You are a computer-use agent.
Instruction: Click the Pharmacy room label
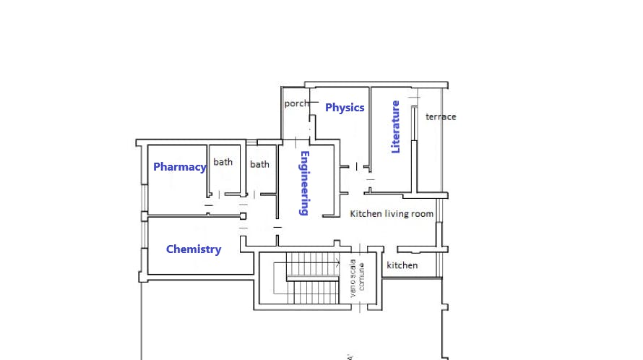click(179, 167)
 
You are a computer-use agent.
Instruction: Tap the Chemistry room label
click(194, 249)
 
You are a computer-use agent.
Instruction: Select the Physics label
click(345, 108)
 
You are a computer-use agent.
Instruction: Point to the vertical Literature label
click(395, 127)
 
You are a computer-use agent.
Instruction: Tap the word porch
click(296, 103)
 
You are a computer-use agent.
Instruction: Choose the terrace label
click(441, 116)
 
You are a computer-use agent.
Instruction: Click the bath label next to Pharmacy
click(223, 162)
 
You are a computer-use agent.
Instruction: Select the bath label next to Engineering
click(259, 164)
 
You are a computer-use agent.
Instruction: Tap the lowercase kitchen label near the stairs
click(402, 265)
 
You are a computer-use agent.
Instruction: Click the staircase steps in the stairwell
click(312, 279)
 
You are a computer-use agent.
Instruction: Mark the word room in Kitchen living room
click(423, 214)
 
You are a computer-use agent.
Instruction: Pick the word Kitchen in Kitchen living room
click(365, 214)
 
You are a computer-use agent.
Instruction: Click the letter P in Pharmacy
click(157, 167)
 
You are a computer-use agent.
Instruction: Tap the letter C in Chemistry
click(171, 249)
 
